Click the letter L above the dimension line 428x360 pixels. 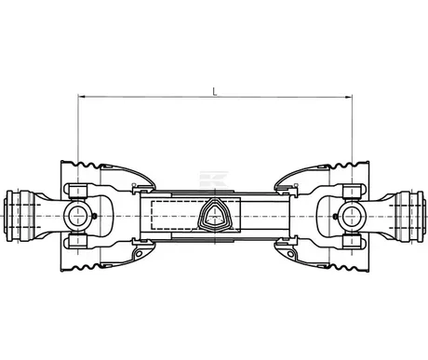coord(215,90)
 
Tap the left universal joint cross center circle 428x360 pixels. coord(77,217)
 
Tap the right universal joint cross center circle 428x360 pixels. coord(352,217)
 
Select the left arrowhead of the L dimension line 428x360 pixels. coord(81,97)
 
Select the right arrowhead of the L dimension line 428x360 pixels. coord(348,97)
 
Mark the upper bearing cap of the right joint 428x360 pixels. coord(352,190)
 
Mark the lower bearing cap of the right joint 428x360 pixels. coord(352,244)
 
